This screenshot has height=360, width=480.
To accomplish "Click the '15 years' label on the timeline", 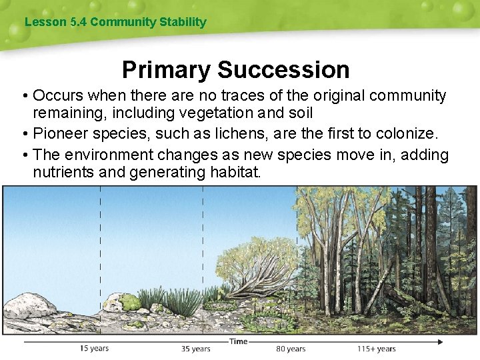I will (x=94, y=348).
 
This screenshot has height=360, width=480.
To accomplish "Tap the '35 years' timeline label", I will (x=195, y=348).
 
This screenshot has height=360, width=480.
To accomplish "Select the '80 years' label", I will (x=291, y=348).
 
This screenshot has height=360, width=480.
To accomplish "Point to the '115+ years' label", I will (x=376, y=348).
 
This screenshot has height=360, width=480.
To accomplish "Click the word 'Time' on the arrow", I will (x=238, y=341).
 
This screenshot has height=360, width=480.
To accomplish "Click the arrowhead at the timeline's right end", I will (x=440, y=342).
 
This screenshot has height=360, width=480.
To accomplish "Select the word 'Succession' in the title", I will (x=283, y=69).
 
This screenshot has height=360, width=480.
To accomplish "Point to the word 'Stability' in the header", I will (x=183, y=22).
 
